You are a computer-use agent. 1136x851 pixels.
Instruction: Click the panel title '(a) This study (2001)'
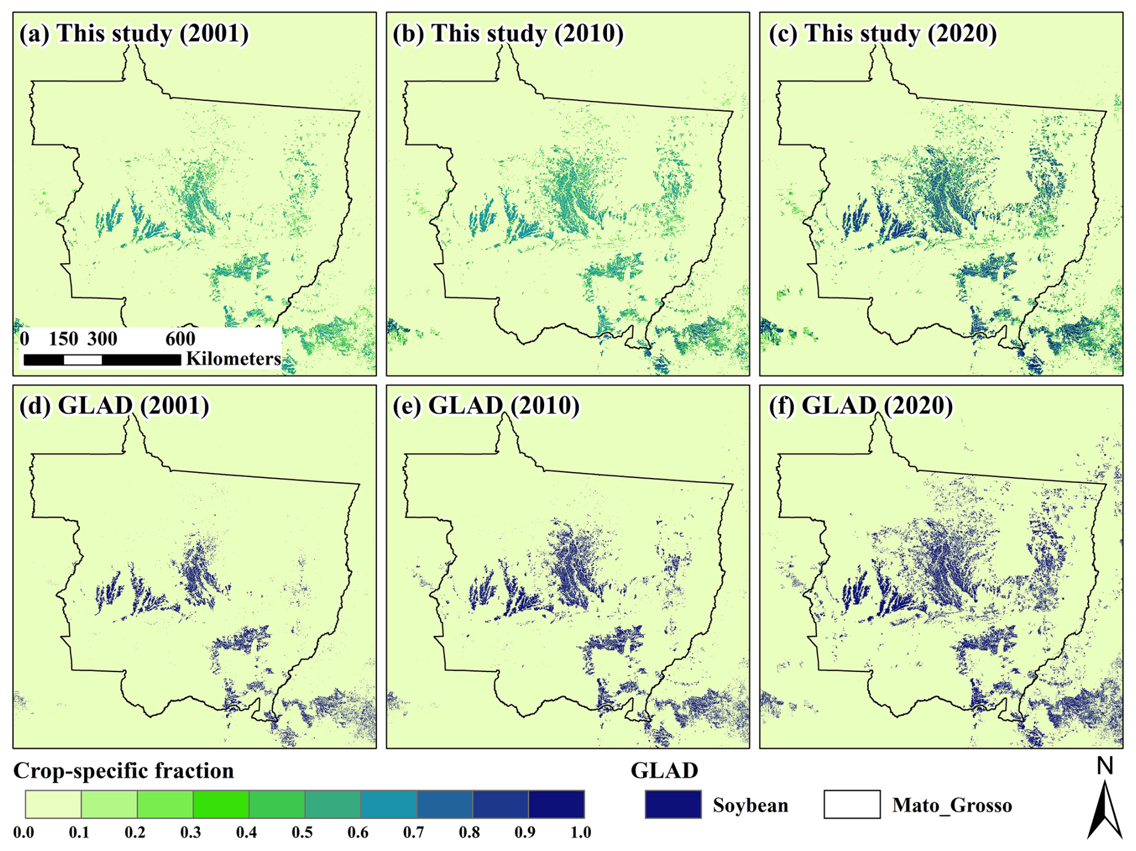134,34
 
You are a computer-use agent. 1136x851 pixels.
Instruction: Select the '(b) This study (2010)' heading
508,34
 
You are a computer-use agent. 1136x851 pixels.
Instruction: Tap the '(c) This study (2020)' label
882,34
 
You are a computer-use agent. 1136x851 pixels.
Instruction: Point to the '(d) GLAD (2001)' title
114,406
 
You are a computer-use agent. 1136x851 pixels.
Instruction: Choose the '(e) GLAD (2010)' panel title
486,406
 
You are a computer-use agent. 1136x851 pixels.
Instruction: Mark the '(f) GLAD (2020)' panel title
860,406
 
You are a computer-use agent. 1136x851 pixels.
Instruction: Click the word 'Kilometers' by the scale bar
233,359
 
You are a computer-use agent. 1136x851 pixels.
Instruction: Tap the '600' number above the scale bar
180,339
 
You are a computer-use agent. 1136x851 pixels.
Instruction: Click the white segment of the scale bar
83,360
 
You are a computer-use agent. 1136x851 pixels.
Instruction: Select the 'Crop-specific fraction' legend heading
124,771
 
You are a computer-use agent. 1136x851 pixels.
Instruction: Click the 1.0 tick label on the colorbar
581,832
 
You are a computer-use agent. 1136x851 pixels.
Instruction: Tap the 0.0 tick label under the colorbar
23,832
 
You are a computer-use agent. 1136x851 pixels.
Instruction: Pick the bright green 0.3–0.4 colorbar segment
221,804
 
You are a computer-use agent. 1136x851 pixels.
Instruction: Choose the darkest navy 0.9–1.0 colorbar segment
556,804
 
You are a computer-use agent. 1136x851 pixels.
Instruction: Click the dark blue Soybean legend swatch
673,805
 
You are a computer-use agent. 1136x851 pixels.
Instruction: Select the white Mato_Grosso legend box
852,805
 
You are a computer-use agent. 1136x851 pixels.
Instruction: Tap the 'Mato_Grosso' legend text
952,805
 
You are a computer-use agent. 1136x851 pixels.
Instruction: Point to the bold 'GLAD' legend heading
664,771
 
